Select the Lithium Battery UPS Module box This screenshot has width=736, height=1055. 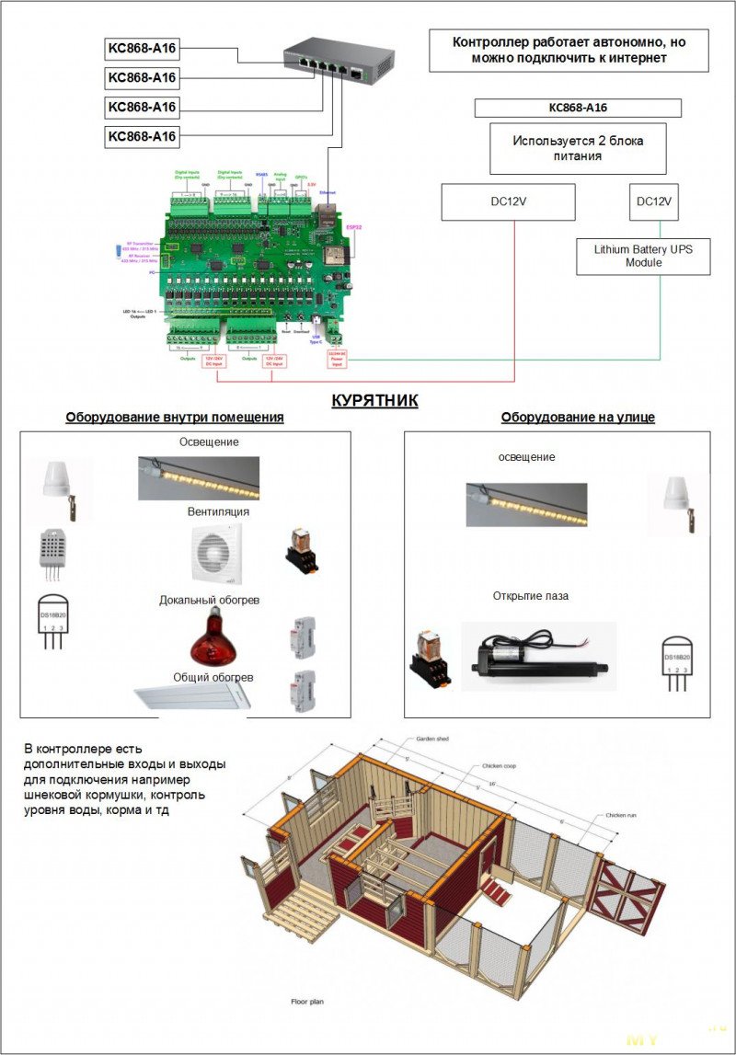[x=643, y=256]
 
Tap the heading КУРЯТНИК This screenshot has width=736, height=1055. [x=374, y=400]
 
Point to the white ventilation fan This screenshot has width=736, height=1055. [x=216, y=554]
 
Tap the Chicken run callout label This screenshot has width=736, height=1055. [x=621, y=815]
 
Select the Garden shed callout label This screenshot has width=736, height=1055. [x=431, y=739]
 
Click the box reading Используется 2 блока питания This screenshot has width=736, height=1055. [x=578, y=148]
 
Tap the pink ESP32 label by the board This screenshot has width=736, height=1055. [x=353, y=225]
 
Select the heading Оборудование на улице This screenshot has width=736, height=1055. [x=578, y=418]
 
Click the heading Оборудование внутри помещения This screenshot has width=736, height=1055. [x=175, y=418]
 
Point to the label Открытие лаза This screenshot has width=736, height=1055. [x=531, y=596]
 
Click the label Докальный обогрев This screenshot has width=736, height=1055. [x=210, y=601]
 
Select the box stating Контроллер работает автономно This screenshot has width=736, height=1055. [x=569, y=50]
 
